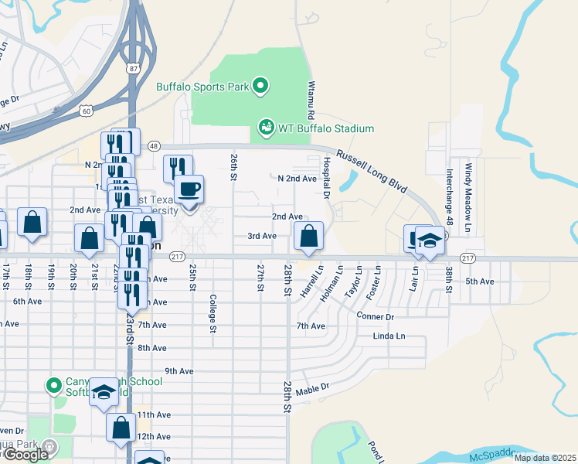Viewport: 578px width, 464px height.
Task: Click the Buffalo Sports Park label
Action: [202, 87]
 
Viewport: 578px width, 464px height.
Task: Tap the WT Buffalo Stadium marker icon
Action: [266, 126]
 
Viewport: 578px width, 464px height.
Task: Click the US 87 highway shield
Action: [134, 69]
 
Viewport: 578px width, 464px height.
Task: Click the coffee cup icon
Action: [189, 189]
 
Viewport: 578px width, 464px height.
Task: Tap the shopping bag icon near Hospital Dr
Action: [308, 236]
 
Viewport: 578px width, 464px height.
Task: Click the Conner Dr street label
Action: [376, 316]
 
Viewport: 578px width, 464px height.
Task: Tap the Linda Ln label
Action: [389, 336]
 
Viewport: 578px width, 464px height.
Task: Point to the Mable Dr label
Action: [312, 388]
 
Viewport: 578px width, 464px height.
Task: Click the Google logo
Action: [25, 454]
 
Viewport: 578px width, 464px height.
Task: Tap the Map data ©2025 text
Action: [544, 458]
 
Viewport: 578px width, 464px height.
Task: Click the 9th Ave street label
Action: [178, 371]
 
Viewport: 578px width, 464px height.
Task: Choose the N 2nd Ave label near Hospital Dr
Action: [297, 179]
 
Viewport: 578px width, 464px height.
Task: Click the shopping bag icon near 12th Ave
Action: [121, 428]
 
